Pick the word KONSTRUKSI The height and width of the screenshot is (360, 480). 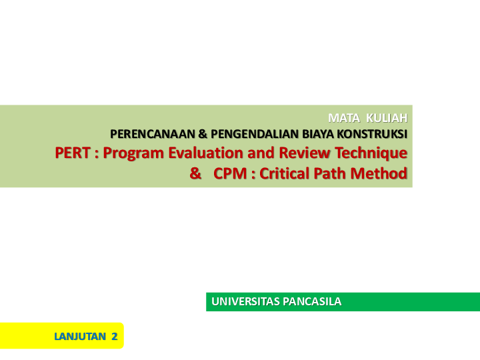coord(373,134)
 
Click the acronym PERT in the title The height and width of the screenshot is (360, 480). coord(73,153)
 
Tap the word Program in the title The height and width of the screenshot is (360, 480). coord(133,153)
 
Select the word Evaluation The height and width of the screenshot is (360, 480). coord(203,153)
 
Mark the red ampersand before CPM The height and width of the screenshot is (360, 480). coord(195,174)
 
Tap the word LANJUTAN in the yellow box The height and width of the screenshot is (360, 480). coord(80,337)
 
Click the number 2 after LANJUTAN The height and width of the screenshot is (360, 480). coord(114,337)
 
